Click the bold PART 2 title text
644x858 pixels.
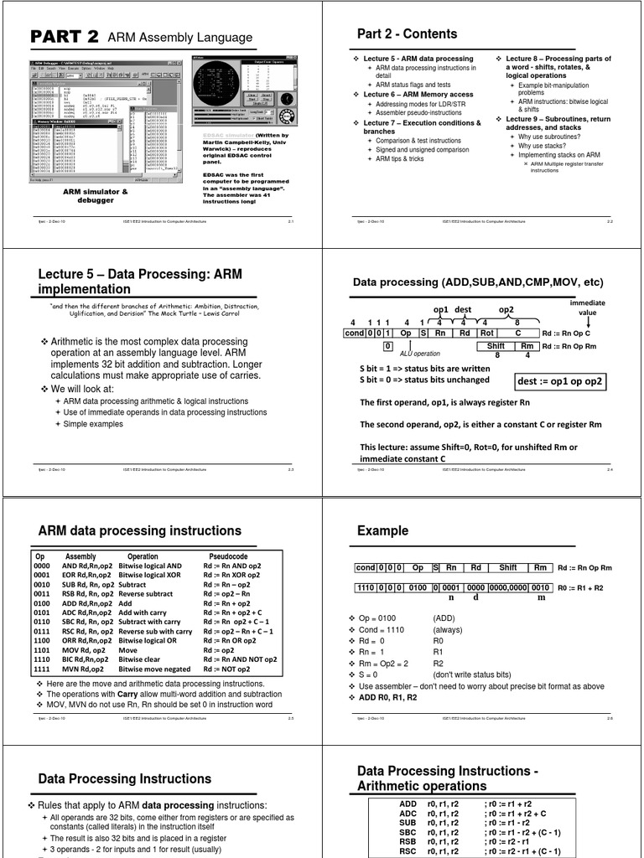(65, 37)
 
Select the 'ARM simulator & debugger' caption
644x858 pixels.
(96, 196)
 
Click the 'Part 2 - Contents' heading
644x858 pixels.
(407, 34)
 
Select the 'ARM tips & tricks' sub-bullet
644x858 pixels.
(399, 158)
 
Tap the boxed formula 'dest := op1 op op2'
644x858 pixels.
(562, 381)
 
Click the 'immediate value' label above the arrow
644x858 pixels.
(588, 307)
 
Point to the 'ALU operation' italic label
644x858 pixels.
(419, 354)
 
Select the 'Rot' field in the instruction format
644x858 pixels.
(487, 333)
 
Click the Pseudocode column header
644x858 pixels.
(227, 556)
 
